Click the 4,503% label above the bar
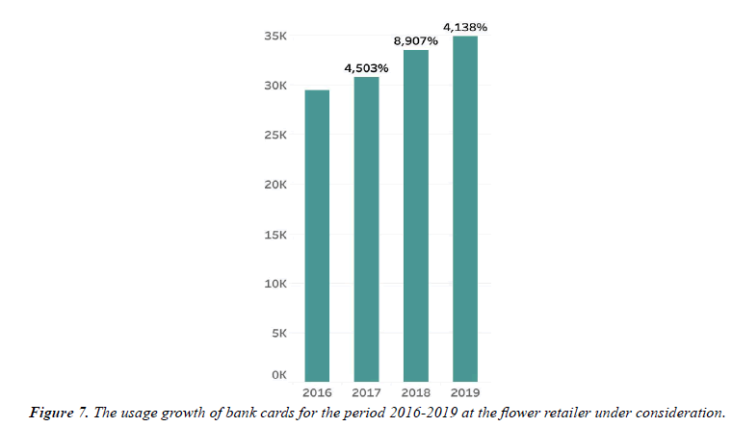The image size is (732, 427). click(x=366, y=68)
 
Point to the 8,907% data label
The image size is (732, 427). click(x=416, y=41)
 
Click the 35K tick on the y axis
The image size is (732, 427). click(x=276, y=37)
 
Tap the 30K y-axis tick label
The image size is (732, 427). click(x=276, y=87)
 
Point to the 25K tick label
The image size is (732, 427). click(x=276, y=136)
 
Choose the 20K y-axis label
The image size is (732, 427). click(x=276, y=185)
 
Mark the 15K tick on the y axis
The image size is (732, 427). click(x=276, y=235)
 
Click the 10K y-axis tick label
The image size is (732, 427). click(x=276, y=284)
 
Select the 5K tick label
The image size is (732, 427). click(x=279, y=334)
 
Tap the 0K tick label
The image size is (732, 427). click(x=279, y=374)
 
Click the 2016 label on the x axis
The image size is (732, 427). click(x=317, y=393)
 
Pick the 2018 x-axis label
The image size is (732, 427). click(x=416, y=393)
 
